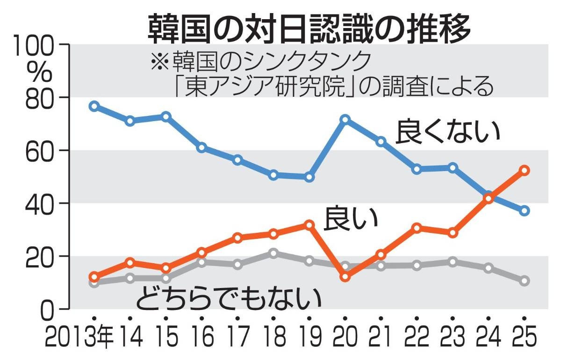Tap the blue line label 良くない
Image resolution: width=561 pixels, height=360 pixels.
tap(448, 132)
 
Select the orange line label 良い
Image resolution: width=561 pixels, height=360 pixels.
tap(351, 218)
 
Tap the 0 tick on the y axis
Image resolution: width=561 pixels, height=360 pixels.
tap(52, 309)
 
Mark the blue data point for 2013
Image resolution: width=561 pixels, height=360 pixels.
tap(94, 106)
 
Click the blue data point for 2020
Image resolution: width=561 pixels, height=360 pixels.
tap(345, 120)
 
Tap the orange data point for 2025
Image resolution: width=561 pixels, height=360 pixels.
tap(525, 170)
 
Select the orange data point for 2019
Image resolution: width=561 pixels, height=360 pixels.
tap(309, 225)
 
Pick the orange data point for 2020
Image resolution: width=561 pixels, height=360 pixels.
tap(345, 277)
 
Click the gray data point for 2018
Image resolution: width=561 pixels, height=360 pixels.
tap(273, 253)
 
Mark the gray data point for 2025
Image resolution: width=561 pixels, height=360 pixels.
tap(525, 281)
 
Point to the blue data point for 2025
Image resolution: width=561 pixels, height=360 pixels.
tap(525, 211)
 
